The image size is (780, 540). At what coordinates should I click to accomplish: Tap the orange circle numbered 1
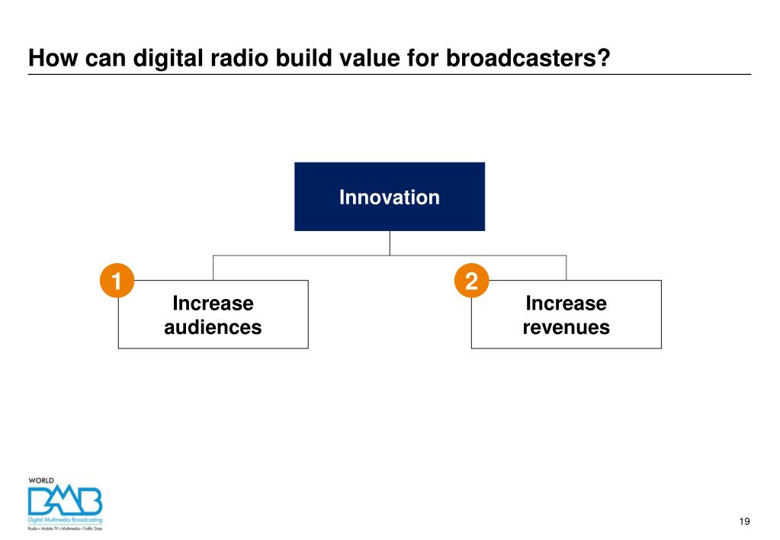[x=117, y=281]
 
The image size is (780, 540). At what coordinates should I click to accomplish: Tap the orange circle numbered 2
[x=470, y=281]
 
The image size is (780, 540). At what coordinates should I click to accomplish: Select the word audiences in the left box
[x=213, y=328]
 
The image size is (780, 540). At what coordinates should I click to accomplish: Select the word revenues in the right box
[x=566, y=328]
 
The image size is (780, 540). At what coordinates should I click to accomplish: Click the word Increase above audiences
[x=213, y=304]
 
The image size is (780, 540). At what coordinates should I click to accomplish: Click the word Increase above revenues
[x=566, y=304]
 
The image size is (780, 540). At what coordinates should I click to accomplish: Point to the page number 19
[x=744, y=521]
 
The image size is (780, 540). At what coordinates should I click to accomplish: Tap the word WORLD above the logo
[x=41, y=481]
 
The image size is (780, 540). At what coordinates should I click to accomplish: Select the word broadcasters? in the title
[x=528, y=58]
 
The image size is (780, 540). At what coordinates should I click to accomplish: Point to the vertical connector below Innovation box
[x=390, y=243]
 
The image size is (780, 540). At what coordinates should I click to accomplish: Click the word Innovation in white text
[x=389, y=198]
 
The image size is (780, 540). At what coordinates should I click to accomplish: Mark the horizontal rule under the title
[x=389, y=75]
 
